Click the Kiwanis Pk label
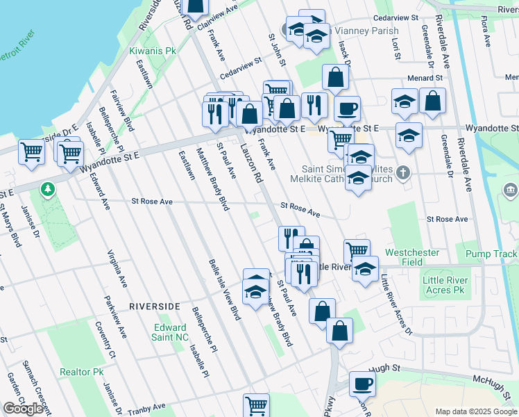point(153,51)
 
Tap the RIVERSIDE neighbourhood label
point(154,306)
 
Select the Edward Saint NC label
point(170,332)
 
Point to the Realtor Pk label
point(82,373)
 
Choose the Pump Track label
point(491,254)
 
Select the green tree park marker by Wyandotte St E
point(48,189)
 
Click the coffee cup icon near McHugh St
point(361,383)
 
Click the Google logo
point(23,409)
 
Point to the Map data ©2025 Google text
point(475,411)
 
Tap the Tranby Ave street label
point(147,409)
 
